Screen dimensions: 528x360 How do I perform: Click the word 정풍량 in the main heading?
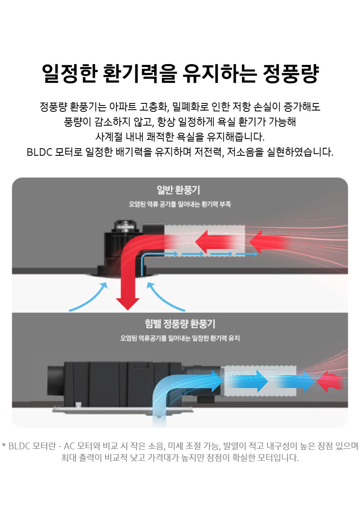tap(291, 74)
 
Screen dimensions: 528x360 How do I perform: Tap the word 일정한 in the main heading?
tap(69, 74)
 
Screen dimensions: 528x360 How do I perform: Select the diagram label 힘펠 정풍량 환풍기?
tap(180, 324)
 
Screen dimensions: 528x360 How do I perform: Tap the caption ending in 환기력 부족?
tap(180, 205)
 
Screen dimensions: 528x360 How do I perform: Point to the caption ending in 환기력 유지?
tap(180, 338)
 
